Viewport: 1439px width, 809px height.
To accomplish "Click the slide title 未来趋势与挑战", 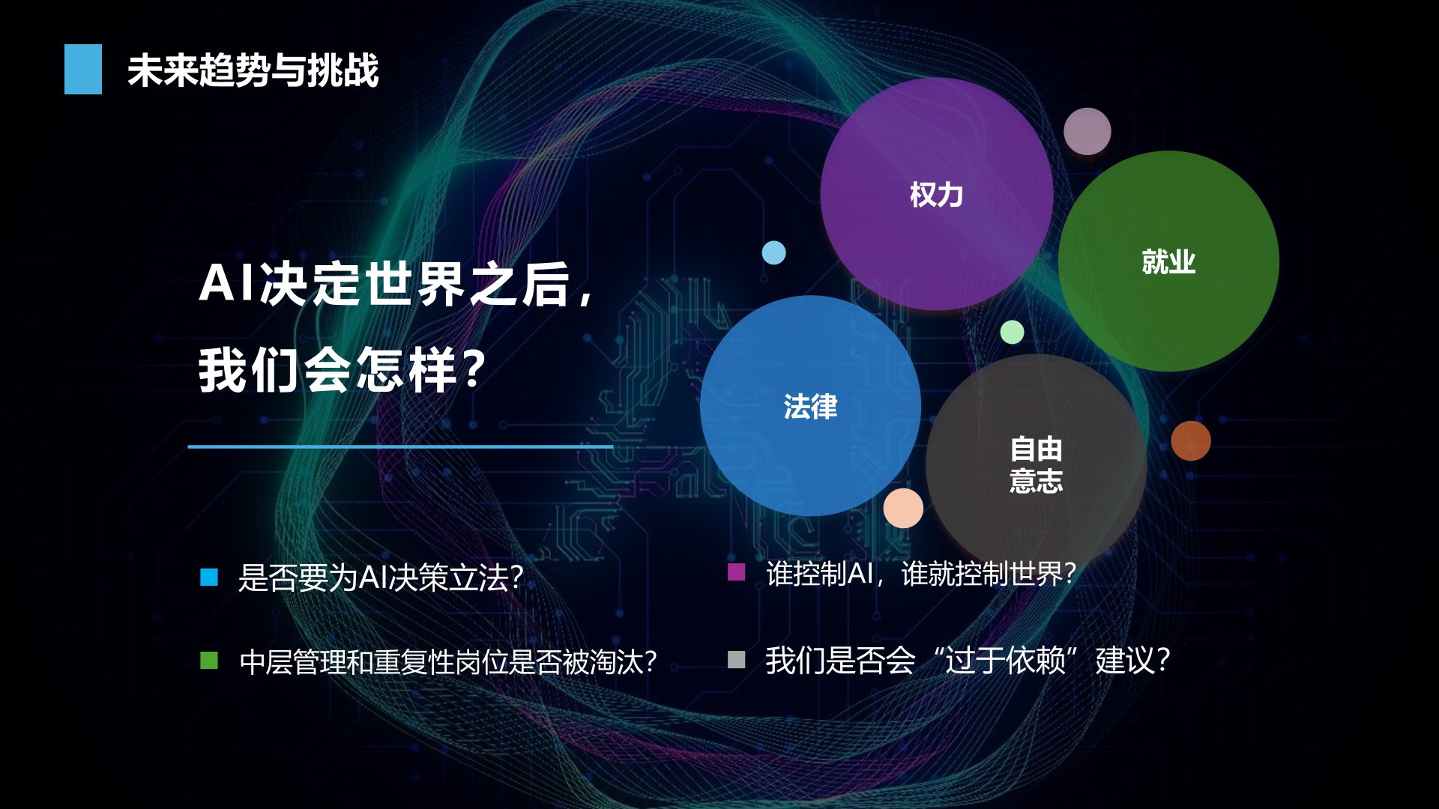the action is click(253, 70).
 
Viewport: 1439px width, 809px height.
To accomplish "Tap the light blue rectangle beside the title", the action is click(83, 69).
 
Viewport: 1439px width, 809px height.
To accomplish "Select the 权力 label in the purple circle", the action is click(936, 195).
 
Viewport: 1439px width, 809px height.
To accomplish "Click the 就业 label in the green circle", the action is click(1168, 261).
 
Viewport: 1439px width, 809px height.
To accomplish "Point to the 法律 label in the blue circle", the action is click(810, 406).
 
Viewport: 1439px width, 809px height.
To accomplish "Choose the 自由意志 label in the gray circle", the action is click(1036, 464).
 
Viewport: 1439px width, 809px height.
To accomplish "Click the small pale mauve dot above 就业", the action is click(1087, 131).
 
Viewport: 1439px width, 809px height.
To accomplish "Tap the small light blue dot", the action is click(774, 252).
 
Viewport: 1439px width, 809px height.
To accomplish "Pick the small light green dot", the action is click(1012, 332).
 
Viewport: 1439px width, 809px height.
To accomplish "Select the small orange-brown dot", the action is click(1191, 440).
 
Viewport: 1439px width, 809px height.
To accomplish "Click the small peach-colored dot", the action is click(903, 508).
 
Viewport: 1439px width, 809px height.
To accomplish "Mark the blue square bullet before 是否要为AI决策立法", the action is click(209, 577).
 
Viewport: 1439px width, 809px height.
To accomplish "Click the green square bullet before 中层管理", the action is click(209, 660).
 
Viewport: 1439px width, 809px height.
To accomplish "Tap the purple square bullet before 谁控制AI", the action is click(736, 572).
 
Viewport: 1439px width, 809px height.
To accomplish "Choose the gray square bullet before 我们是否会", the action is click(736, 659).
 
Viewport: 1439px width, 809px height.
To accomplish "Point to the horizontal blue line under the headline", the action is click(400, 446).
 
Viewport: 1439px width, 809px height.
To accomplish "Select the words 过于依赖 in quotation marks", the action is click(1004, 661).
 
